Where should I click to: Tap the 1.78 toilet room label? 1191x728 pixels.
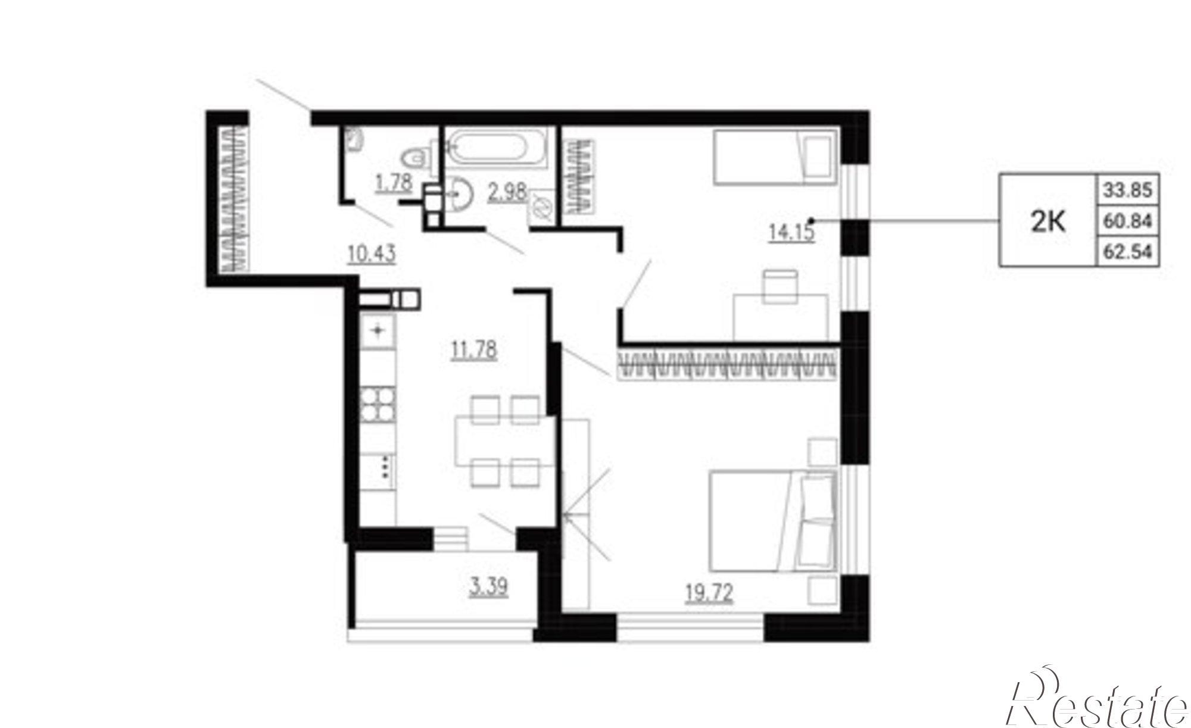pos(394,182)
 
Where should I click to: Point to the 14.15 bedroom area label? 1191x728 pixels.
pos(791,231)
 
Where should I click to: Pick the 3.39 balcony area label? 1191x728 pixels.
pos(489,587)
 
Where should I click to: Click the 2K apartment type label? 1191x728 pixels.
pos(1048,222)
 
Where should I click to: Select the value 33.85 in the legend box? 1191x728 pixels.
pos(1128,190)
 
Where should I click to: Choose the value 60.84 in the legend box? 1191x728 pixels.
pos(1128,221)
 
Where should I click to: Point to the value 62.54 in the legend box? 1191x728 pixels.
pos(1128,252)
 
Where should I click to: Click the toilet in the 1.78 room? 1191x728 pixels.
pos(417,157)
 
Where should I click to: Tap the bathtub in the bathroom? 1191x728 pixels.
pos(495,148)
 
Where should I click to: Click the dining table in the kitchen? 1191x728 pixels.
pos(505,441)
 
